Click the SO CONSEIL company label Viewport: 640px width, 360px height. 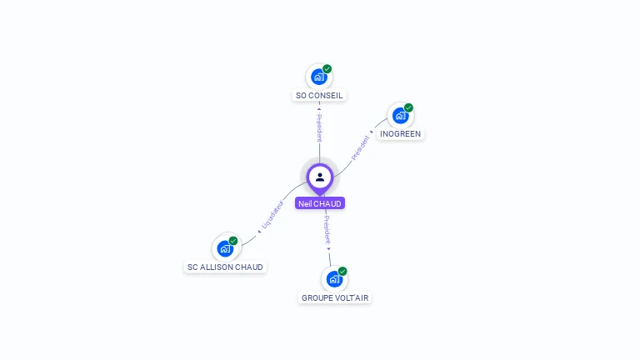(319, 96)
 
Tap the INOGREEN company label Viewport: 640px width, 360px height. (401, 134)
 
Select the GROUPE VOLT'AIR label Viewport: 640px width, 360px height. (334, 297)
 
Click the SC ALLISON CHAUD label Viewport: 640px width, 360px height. (225, 267)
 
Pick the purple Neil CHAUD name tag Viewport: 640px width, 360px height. (320, 203)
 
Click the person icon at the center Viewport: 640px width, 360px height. (320, 177)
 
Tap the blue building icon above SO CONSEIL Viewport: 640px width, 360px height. (318, 77)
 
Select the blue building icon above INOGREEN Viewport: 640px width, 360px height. (400, 116)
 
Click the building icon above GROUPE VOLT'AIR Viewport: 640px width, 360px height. (334, 279)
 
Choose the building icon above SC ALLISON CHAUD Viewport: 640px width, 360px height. (224, 248)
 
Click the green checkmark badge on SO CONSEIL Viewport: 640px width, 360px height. (327, 68)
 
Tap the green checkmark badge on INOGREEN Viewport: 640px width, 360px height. (409, 107)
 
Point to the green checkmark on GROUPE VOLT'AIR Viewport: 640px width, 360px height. (342, 271)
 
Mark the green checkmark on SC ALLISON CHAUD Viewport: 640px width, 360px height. (233, 241)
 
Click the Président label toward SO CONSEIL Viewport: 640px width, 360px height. (319, 127)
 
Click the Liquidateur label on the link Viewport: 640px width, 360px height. (272, 215)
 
